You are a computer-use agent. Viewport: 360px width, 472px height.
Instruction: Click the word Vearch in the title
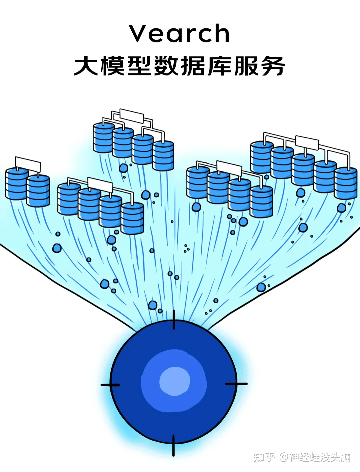click(180, 33)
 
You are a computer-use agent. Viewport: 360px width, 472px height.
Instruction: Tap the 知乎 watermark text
click(264, 457)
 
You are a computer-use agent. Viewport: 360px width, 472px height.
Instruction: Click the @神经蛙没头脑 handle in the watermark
click(315, 457)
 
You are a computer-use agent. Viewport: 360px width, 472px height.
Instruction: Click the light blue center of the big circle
click(175, 381)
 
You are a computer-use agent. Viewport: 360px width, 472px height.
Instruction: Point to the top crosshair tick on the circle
click(174, 320)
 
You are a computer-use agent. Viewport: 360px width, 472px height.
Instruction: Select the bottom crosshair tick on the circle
click(173, 445)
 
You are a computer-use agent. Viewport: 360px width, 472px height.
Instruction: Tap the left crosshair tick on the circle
click(110, 385)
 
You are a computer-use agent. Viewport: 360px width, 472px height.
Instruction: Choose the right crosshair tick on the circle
click(236, 384)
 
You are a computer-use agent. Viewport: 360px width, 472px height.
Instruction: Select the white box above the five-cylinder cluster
click(307, 142)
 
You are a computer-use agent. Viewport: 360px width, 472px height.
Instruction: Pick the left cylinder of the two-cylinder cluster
click(17, 184)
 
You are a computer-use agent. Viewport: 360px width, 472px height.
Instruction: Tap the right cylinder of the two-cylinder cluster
click(38, 191)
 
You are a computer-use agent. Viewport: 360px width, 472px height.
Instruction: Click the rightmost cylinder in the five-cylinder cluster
click(346, 183)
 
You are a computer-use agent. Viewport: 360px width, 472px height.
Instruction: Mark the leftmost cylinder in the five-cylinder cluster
click(262, 157)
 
